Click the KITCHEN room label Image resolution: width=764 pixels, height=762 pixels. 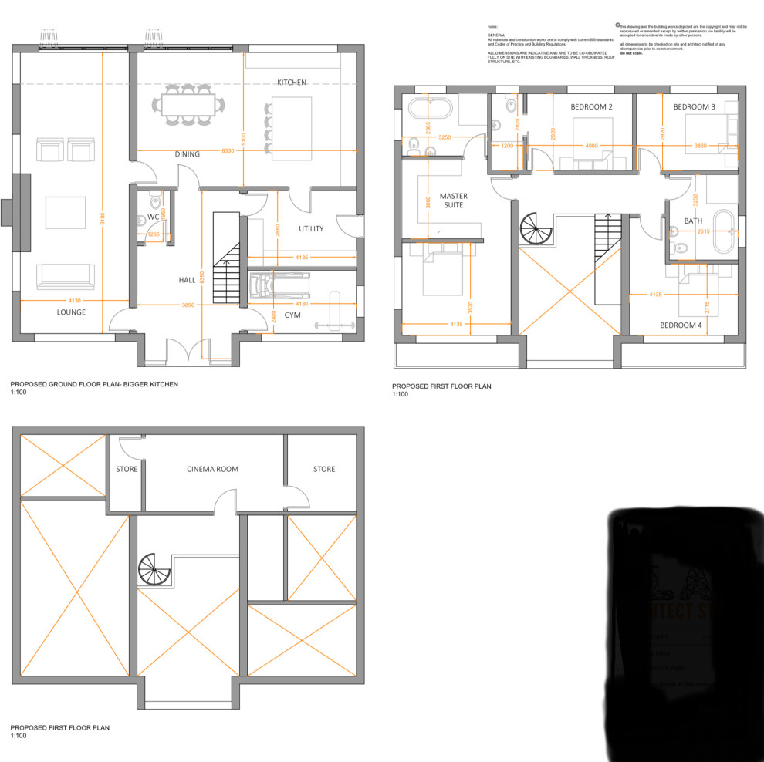292,82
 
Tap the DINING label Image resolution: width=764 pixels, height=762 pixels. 187,154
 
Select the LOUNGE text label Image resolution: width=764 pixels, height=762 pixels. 71,312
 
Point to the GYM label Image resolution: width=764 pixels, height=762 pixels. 292,315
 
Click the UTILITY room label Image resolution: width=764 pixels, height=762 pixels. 311,229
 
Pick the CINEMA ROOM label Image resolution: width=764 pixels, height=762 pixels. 213,469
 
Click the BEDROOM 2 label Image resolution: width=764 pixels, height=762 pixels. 591,106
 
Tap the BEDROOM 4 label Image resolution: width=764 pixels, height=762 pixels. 681,325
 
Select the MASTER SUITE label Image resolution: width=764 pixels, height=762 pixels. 454,201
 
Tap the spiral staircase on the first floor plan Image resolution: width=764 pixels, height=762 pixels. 534,229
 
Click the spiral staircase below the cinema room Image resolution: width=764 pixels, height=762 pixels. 153,571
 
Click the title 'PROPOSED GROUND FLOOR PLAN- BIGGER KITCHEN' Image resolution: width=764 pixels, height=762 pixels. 94,383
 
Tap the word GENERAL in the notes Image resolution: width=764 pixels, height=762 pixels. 495,35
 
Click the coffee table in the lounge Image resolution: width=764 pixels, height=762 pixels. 66,212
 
